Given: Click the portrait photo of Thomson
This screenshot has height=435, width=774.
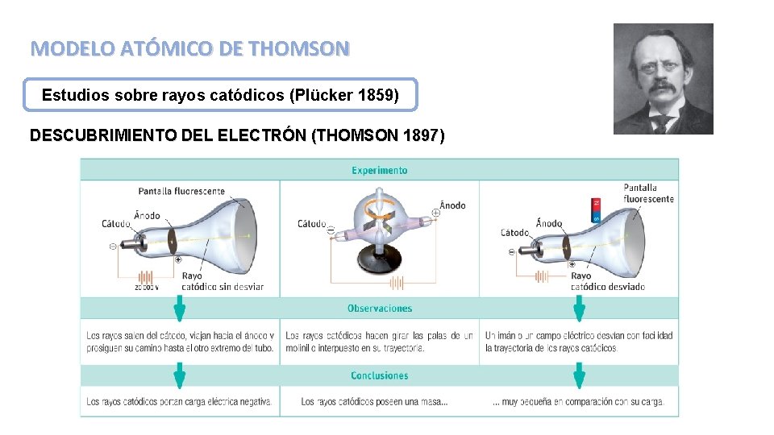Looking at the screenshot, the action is point(663,78).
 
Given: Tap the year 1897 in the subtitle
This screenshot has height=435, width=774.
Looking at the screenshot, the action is point(416,135).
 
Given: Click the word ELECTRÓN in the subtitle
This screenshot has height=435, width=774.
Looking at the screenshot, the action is point(262,135).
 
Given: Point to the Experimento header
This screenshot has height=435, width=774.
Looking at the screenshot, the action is point(379,170).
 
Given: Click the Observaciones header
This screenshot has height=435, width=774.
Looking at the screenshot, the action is point(379,309).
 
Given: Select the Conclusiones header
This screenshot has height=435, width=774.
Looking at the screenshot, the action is point(379,375).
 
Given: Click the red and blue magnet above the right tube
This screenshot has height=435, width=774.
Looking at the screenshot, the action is point(596,209).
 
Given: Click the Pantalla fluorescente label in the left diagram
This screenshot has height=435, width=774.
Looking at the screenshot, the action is point(181,192).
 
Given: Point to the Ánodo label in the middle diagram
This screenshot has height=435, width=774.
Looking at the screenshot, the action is point(452,205).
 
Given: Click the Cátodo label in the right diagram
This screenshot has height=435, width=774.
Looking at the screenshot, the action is point(514,233).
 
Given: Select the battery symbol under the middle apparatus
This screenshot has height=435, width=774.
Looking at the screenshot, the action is point(396,283).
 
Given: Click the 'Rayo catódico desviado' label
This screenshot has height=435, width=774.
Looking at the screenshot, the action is point(606,281).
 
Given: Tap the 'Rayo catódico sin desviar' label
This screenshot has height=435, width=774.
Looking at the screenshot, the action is point(222,281).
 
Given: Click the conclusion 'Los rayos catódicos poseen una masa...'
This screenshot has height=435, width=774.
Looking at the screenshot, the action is point(374,401).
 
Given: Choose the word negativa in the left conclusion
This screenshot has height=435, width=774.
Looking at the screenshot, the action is point(253,401).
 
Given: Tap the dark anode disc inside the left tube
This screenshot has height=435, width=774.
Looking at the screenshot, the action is point(171,239).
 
